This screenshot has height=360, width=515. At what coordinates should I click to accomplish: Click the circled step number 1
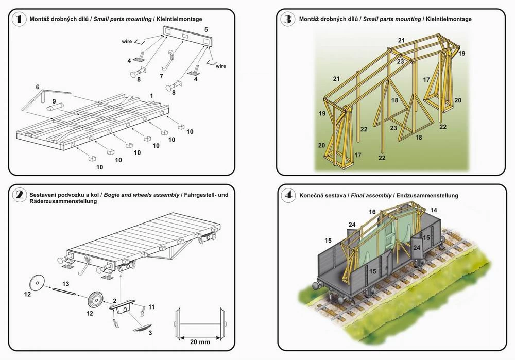pos(20,20)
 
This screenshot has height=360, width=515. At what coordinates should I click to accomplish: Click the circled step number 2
pos(20,195)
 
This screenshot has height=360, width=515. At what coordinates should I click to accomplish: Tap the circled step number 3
pos(287,20)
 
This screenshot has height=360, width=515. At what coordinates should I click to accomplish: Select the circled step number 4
pos(287,195)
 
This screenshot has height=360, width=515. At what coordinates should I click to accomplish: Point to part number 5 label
pos(206,30)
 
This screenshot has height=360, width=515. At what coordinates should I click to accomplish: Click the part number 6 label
pos(37,88)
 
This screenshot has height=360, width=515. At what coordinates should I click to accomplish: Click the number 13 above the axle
pos(65,283)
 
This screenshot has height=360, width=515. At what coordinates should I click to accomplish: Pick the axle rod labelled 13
pos(64,292)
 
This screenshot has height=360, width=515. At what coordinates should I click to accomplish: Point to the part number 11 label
pos(151,307)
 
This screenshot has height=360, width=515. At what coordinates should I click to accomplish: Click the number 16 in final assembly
pos(372,212)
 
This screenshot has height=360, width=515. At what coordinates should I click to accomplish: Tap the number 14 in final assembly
pos(434,210)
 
